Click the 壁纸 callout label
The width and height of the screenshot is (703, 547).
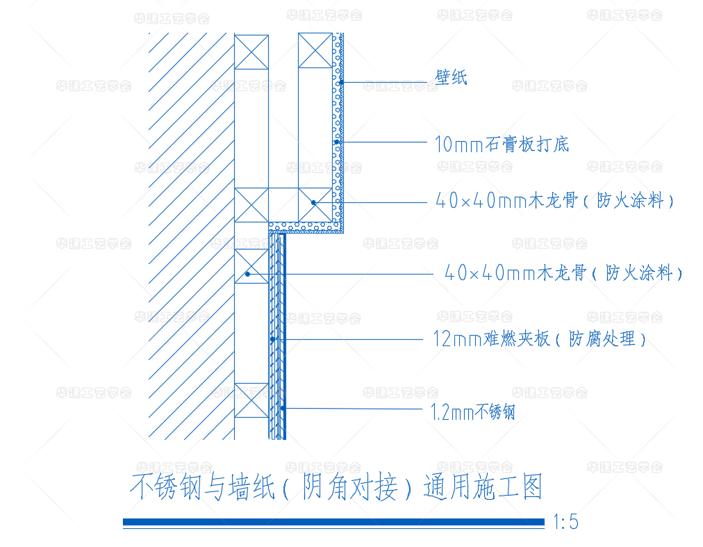[452, 77]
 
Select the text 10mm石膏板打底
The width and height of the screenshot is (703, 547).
[502, 144]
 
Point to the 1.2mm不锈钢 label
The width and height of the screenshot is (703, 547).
[473, 413]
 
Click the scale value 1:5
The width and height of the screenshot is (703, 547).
[565, 522]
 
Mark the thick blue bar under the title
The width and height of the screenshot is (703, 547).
[333, 522]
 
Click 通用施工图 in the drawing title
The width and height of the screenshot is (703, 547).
[483, 487]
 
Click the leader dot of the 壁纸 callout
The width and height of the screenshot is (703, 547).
[342, 83]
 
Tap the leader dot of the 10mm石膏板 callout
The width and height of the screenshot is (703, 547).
[337, 142]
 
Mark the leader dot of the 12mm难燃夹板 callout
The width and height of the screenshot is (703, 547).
[273, 339]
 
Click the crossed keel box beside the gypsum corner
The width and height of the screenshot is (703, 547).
[315, 204]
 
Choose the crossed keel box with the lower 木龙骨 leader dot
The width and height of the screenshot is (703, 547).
[251, 266]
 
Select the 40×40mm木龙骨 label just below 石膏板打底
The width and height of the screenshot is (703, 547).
[555, 202]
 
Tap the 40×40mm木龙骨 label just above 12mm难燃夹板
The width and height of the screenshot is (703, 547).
[563, 273]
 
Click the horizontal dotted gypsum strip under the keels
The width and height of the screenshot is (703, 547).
[306, 227]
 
